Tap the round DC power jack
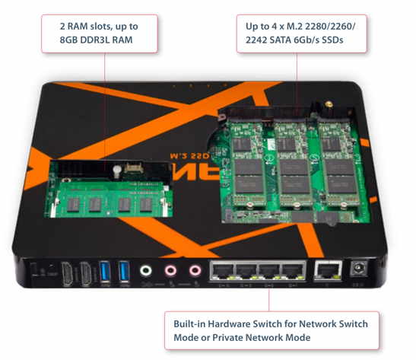coord(354,269)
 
